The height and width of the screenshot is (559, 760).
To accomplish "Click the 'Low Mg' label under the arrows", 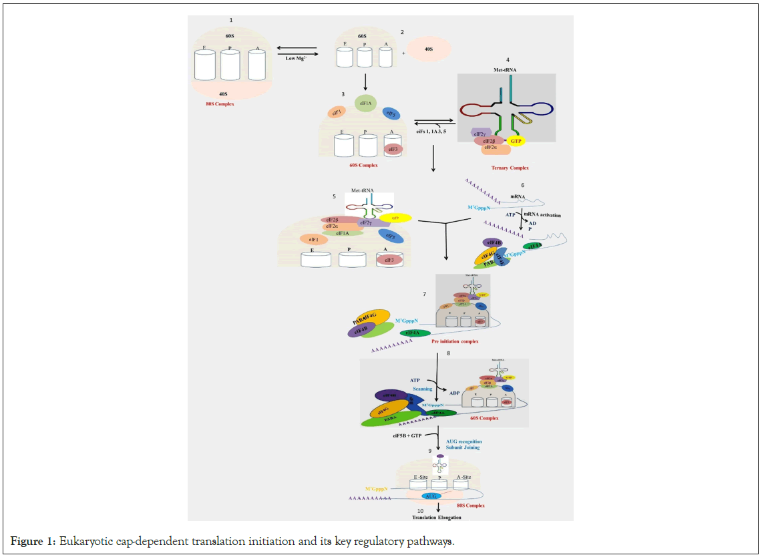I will [x=295, y=59].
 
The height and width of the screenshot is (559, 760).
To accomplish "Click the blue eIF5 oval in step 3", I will [x=392, y=114].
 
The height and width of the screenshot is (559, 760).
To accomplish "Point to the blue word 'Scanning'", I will [x=423, y=388].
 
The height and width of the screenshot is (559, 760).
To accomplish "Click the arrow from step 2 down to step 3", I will [x=366, y=81].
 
